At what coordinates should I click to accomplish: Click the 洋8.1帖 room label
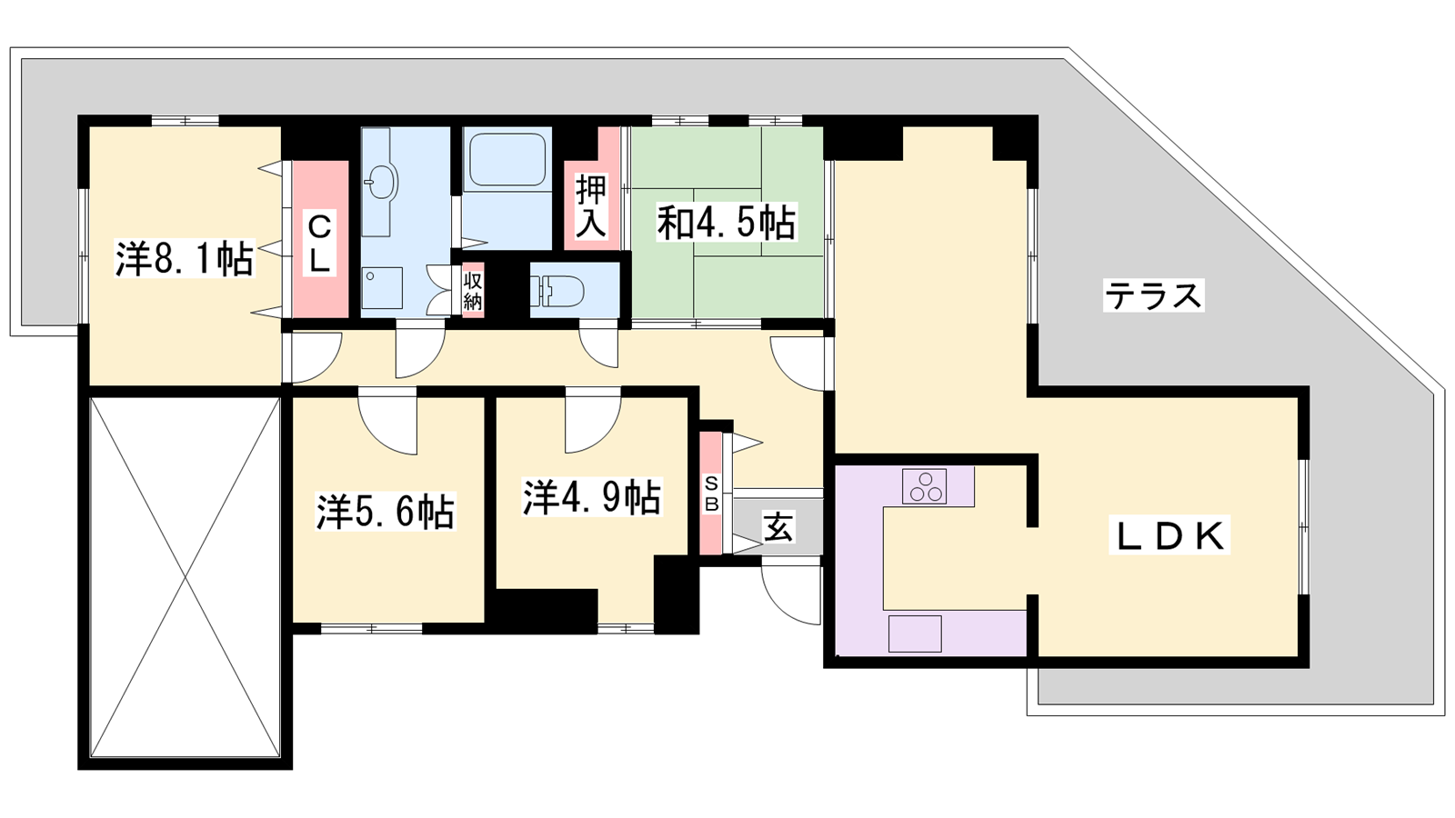[x=185, y=259]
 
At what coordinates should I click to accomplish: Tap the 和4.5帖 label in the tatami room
[x=726, y=223]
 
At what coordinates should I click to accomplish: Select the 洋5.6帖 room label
[x=386, y=512]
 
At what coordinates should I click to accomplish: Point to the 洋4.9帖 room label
[x=592, y=497]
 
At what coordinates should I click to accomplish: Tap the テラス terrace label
[x=1154, y=295]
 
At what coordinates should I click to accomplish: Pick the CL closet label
[x=319, y=244]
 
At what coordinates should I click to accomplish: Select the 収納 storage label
[x=472, y=291]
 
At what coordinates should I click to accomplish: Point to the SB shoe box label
[x=712, y=494]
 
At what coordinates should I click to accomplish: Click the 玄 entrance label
[x=778, y=526]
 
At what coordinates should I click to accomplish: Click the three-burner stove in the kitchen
[x=925, y=486]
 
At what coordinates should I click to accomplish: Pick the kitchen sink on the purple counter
[x=915, y=633]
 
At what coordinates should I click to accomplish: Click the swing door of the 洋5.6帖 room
[x=387, y=422]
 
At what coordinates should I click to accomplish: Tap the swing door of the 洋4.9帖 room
[x=593, y=421]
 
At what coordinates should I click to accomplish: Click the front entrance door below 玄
[x=791, y=594]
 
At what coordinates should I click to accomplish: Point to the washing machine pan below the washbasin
[x=382, y=287]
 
